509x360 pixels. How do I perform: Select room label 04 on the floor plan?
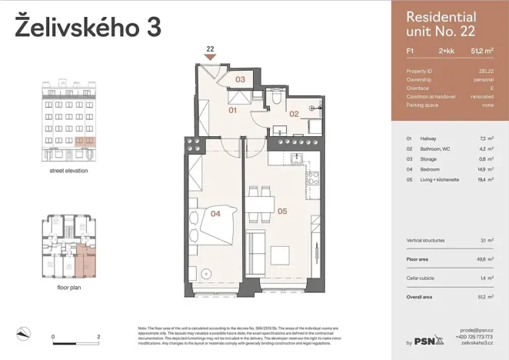[x=217, y=215]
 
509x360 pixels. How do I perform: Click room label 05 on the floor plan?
[x=282, y=210]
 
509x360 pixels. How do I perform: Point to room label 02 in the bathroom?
[x=294, y=114]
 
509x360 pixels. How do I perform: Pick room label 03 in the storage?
[x=240, y=79]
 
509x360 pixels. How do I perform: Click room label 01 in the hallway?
[x=234, y=110]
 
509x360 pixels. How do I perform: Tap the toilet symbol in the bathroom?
[x=276, y=98]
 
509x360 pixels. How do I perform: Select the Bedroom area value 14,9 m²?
[x=484, y=168]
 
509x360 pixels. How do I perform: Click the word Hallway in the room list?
[x=428, y=138]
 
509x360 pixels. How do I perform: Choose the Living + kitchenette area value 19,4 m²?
[x=484, y=178]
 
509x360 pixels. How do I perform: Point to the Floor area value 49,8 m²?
[x=484, y=260]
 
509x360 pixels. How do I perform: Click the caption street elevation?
[x=68, y=170]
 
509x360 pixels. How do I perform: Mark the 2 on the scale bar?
[x=98, y=337]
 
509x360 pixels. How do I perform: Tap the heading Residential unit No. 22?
[x=440, y=24]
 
